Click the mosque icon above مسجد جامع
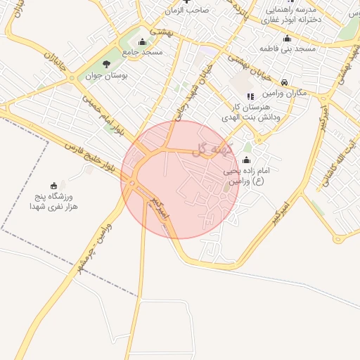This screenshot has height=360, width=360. click(143, 41)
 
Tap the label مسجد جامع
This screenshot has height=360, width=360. click(142, 53)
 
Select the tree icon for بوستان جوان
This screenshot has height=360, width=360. click(106, 64)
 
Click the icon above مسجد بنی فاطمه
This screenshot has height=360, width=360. click(287, 39)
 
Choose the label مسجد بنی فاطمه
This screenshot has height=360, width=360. click(286, 49)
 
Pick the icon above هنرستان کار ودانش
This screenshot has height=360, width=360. click(250, 96)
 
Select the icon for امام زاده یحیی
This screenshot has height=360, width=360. click(246, 160)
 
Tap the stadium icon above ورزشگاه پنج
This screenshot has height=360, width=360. click(54, 186)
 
